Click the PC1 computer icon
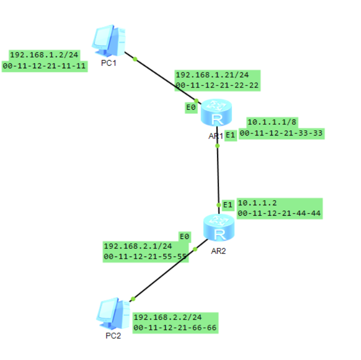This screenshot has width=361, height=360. pos(109,41)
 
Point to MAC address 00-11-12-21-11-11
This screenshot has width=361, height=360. pos(44,66)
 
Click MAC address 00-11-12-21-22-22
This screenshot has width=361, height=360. pos(217,85)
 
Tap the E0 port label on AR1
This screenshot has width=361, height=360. pos(191,108)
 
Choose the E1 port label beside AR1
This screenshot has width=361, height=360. pos(230,135)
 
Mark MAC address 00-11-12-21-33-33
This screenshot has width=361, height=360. pos(282,133)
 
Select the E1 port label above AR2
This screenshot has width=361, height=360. pos(228,204)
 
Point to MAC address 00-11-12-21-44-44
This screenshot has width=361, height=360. pos(279,213)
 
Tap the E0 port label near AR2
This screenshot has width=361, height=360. pos(184,236)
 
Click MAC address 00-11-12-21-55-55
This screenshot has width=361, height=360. pos(145,257)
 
